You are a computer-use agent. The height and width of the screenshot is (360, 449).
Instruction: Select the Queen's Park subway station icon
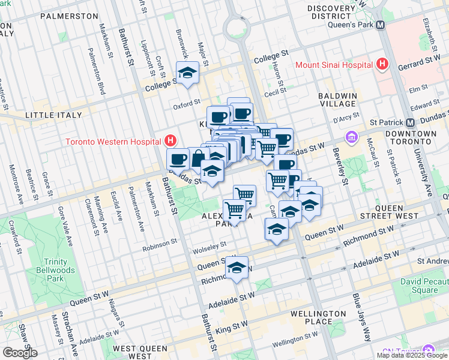(x=379, y=25)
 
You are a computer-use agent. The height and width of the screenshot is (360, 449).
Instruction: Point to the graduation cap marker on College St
(x=188, y=74)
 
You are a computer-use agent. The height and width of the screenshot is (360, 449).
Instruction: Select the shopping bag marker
(x=198, y=158)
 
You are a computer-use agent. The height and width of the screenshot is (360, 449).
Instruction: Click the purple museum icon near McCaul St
(x=351, y=139)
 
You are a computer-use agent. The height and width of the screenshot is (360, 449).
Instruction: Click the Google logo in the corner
(x=20, y=353)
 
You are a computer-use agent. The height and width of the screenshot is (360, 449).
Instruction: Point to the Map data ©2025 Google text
(x=412, y=355)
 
